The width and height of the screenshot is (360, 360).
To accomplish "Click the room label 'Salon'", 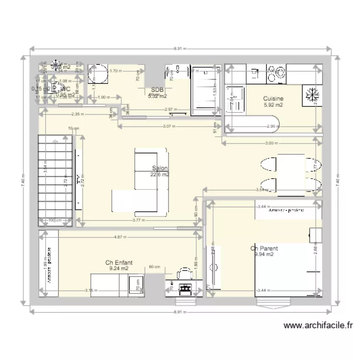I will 160,168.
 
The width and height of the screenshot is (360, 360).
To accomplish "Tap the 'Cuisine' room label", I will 273,98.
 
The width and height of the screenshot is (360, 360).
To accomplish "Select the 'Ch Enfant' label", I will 119,263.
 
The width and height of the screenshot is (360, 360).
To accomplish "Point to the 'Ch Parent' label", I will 264,249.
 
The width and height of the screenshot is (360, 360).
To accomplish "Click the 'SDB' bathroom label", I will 156,90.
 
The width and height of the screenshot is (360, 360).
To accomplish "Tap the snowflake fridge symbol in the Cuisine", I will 312,95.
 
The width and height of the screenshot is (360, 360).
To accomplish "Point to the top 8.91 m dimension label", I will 180,48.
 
